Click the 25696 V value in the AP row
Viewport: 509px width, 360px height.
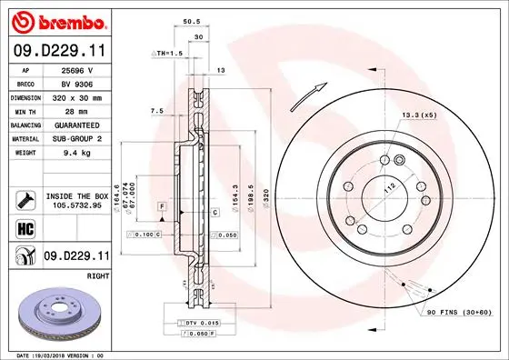pyautogui.click(x=76, y=69)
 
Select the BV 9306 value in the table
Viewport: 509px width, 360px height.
pyautogui.click(x=75, y=83)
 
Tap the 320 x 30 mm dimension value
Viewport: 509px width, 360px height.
pyautogui.click(x=75, y=96)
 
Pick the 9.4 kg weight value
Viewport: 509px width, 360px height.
pyautogui.click(x=75, y=153)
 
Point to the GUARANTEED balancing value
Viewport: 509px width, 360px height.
pyautogui.click(x=75, y=125)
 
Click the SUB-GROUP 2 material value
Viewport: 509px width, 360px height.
pyautogui.click(x=75, y=138)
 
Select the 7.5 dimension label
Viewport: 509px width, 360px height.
pyautogui.click(x=155, y=111)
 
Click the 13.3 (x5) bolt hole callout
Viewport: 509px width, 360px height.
pyautogui.click(x=419, y=116)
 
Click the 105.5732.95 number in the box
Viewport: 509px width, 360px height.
pyautogui.click(x=75, y=205)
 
